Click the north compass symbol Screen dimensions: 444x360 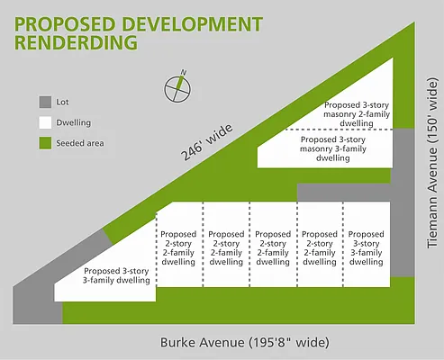(x=177, y=88)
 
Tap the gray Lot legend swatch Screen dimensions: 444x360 (x=45, y=102)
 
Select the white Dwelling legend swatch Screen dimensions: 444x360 (x=45, y=122)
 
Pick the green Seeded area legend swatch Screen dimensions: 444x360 (x=45, y=143)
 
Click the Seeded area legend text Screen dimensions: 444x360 (x=80, y=143)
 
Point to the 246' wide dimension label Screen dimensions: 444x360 (x=207, y=142)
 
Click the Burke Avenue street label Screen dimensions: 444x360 (x=245, y=342)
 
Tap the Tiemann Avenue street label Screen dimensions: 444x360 (x=432, y=163)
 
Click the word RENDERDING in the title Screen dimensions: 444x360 (x=76, y=42)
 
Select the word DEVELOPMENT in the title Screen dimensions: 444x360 (x=193, y=24)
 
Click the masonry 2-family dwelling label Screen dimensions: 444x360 (x=357, y=114)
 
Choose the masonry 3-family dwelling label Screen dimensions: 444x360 (x=333, y=148)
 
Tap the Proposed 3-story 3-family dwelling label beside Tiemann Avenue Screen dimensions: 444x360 (x=366, y=247)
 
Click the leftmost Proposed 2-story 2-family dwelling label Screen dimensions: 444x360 (x=178, y=247)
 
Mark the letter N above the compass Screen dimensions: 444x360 (x=184, y=72)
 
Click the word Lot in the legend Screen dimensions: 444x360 (x=62, y=102)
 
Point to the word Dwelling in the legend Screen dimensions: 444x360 (x=74, y=122)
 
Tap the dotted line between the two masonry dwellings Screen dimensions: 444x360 (x=340, y=130)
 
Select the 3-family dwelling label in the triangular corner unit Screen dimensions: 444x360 (x=116, y=275)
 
